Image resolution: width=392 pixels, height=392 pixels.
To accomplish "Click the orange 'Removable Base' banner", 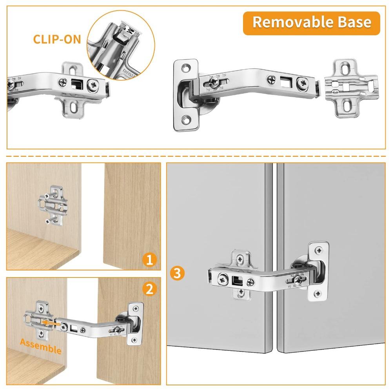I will coord(311,22).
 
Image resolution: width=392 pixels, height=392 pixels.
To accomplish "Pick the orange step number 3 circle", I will coord(177,272).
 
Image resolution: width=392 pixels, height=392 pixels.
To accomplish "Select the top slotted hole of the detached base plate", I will coord(346,69).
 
